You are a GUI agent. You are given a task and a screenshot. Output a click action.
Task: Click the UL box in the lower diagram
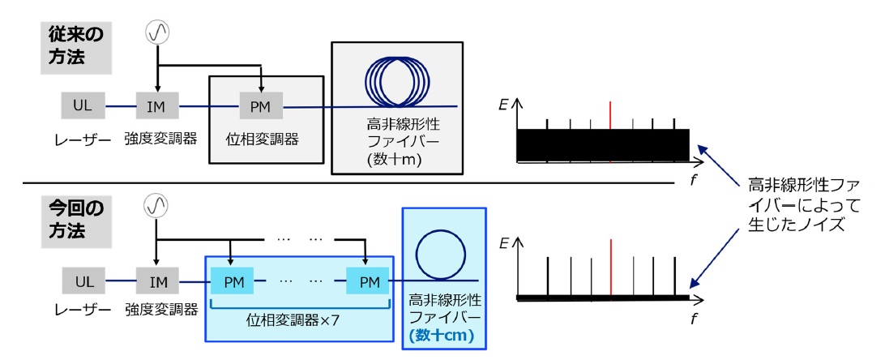tap(83, 281)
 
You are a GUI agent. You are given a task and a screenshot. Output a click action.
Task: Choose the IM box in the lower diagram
tap(157, 281)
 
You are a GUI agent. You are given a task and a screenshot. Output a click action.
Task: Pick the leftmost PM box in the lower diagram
tap(233, 281)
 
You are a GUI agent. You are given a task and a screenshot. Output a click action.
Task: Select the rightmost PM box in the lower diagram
tap(368, 281)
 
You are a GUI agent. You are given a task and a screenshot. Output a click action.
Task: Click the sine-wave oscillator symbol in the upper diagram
tap(157, 32)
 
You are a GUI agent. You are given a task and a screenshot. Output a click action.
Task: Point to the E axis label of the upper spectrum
tap(503, 104)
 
